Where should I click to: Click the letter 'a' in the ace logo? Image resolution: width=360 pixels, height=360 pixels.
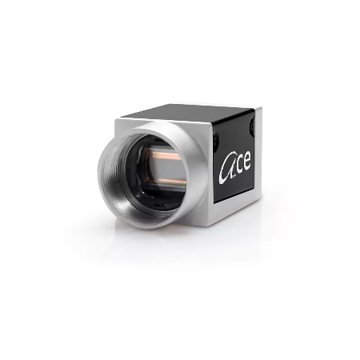[x=226, y=170]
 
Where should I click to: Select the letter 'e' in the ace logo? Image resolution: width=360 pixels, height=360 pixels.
[x=246, y=161]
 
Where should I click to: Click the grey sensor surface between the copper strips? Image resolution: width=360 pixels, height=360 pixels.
[x=167, y=169]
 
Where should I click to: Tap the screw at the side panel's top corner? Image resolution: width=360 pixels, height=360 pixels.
[x=252, y=126]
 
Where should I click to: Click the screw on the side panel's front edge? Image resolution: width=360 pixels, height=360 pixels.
[x=215, y=141]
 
